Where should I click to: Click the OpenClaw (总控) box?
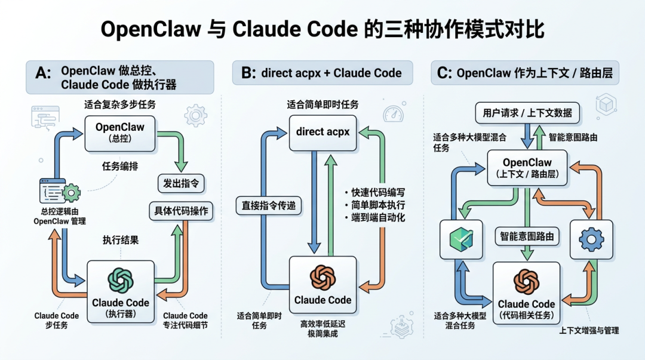click(120, 133)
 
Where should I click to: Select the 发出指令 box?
click(180, 183)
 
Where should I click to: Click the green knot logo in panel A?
click(120, 279)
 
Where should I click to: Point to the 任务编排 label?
click(119, 167)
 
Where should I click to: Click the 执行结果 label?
click(120, 241)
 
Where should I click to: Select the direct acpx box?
click(322, 132)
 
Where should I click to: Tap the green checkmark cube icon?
click(461, 239)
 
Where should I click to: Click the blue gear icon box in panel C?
click(591, 239)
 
